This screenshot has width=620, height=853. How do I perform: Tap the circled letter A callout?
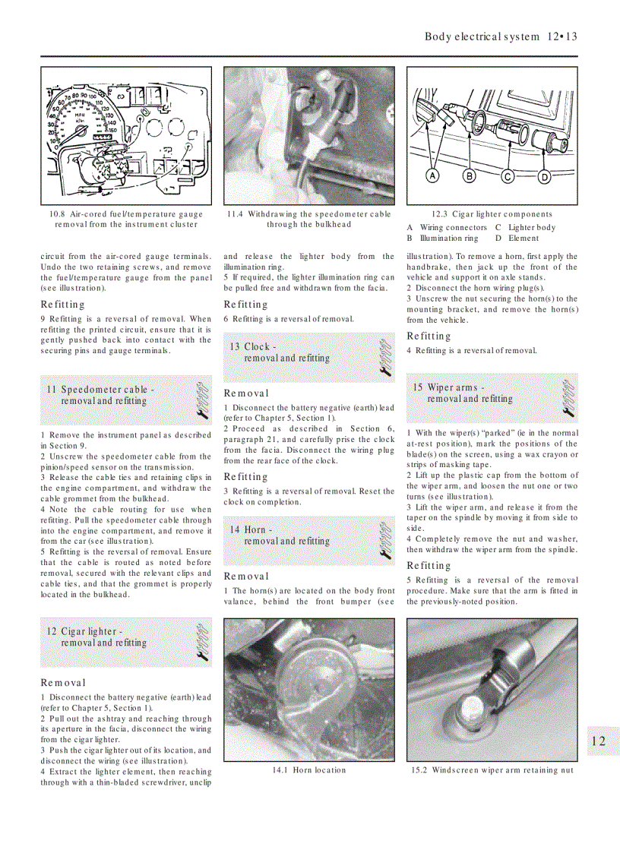point(432,176)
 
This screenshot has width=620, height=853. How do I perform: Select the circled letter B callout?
point(469,176)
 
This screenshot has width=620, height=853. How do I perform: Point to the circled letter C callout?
point(508,176)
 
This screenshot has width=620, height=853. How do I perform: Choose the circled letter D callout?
point(544,176)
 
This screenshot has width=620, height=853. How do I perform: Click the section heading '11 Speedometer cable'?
point(100,395)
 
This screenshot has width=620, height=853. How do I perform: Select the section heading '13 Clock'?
point(280,352)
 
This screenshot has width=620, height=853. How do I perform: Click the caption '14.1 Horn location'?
point(308,770)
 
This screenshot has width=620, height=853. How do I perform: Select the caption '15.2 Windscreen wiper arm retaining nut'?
point(492,770)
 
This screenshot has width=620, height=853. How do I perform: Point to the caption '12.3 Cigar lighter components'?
point(492,214)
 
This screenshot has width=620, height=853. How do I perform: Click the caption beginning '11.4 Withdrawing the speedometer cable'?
point(308,219)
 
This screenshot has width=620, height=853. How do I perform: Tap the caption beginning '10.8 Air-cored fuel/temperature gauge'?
point(126,219)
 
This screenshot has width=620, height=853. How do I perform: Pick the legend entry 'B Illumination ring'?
point(443,238)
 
